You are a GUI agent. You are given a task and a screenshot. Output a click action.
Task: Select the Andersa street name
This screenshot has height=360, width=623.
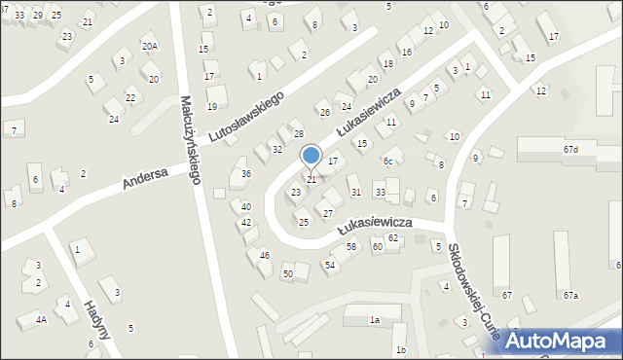[x=146, y=178]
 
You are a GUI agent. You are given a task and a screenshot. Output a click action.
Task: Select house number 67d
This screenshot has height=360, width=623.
[x=570, y=149]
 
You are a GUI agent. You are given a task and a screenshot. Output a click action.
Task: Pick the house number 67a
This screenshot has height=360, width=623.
[x=569, y=295]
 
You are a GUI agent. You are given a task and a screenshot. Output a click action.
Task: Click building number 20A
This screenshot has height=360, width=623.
[x=149, y=46]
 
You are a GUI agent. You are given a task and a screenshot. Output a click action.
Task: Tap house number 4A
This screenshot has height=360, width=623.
[x=41, y=319]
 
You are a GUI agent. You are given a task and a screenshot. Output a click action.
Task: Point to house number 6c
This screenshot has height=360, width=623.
[x=387, y=161]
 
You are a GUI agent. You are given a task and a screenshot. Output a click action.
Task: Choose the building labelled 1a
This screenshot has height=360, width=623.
[x=374, y=319]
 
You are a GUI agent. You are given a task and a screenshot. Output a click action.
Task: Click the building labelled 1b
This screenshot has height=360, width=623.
[x=400, y=350]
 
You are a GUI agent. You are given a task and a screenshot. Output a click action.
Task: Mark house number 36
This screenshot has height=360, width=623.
[x=246, y=173]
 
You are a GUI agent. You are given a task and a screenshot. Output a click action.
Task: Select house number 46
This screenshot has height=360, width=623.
[x=265, y=255]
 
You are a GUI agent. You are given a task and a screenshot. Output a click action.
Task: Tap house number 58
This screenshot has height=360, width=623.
[x=351, y=246]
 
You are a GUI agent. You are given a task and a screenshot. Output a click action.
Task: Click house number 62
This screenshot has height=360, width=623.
[x=393, y=237]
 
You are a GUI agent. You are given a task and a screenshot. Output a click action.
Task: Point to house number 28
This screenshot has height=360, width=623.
[x=299, y=133]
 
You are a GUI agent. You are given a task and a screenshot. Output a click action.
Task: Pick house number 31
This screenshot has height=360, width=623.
[x=355, y=192]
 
